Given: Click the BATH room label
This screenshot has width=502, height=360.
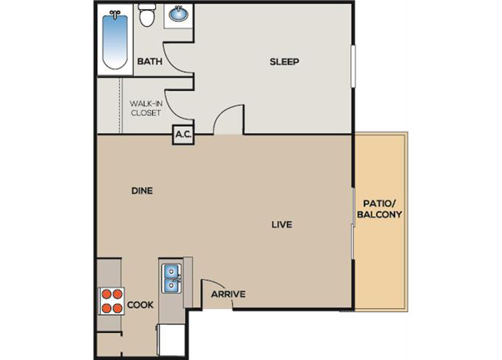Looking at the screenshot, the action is click(x=150, y=61).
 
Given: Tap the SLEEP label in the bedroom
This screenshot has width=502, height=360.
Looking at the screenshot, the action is click(x=284, y=61).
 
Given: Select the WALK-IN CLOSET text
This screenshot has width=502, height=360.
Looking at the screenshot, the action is click(x=145, y=108).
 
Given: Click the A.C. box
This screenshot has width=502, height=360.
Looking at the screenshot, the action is click(x=184, y=134).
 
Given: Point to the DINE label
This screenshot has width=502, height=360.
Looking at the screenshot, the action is click(x=142, y=190).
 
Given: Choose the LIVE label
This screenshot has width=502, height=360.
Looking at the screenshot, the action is click(x=282, y=224).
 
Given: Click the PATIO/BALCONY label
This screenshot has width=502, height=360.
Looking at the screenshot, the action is click(x=379, y=209).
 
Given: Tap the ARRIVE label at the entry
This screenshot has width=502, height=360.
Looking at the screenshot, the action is click(x=229, y=294).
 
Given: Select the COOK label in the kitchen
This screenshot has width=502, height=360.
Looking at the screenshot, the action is click(x=140, y=304).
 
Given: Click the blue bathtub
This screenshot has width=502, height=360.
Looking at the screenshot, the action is click(x=115, y=40).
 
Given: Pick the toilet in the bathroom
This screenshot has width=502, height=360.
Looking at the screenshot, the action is click(x=147, y=15).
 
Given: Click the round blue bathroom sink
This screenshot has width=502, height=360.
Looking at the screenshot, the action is click(x=178, y=14).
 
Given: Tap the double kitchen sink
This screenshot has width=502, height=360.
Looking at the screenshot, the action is click(x=172, y=278).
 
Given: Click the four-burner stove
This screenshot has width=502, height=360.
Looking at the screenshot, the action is click(x=112, y=301).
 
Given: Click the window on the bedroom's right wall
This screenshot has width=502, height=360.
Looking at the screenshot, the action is click(x=353, y=66).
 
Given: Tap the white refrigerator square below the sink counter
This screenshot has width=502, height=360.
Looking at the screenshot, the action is click(x=171, y=340).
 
